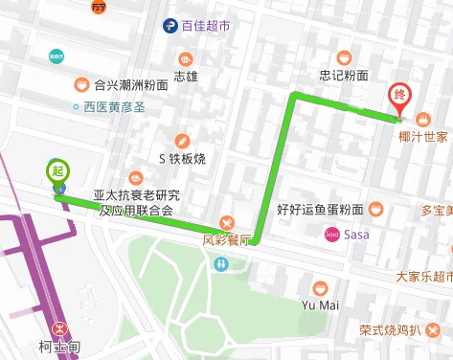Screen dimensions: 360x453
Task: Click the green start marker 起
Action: (x=58, y=171)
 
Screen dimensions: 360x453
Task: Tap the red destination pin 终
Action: (x=399, y=96)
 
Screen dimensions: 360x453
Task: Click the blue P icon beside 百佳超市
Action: (x=170, y=27)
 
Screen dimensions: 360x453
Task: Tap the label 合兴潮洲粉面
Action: (x=131, y=84)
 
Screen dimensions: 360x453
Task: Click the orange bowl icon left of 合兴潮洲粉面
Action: (x=82, y=84)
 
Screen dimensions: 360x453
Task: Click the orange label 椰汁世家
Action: (x=423, y=137)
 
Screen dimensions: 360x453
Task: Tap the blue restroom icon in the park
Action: (x=221, y=263)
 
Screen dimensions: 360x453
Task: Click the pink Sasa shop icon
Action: (x=332, y=234)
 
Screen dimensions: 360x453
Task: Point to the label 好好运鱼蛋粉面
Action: (x=320, y=209)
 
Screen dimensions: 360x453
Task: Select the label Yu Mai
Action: (x=320, y=305)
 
